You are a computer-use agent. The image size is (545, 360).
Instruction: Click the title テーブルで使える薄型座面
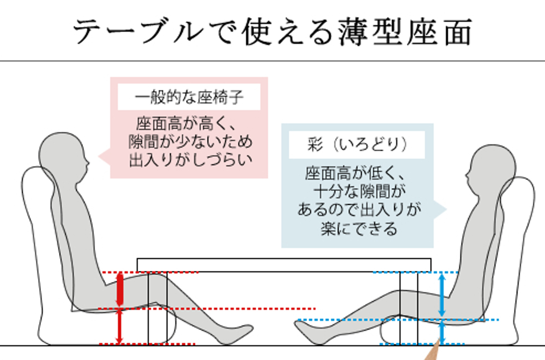coord(272,31)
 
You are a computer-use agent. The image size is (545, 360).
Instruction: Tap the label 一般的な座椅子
coord(189,98)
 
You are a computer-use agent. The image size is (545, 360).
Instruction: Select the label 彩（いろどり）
coord(357,145)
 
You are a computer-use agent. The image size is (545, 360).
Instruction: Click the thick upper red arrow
coord(120,289)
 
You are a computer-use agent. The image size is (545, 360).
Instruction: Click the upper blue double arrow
coord(441,295)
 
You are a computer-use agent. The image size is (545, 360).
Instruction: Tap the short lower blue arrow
coord(441,332)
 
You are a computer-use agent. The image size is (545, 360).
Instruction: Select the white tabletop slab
coord(284,265)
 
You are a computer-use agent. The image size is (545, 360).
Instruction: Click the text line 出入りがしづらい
coord(190,161)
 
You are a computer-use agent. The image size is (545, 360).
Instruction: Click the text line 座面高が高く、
coord(190,124)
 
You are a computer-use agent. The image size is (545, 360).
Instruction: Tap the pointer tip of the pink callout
coord(100,157)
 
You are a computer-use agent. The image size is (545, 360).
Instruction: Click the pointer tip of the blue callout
coord(446,209)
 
